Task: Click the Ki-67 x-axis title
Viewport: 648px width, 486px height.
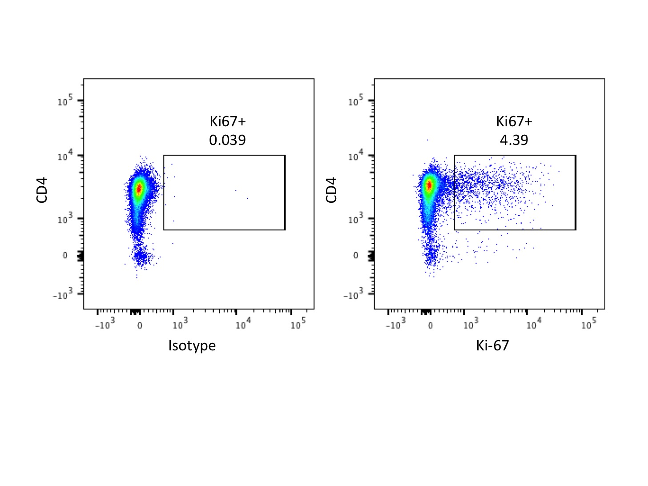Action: pos(492,345)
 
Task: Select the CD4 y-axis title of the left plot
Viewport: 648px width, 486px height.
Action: pos(42,190)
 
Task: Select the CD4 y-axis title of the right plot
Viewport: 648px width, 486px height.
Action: pos(331,190)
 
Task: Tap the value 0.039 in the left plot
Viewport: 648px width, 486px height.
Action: pos(227,140)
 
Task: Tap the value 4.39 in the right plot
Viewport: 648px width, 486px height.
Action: pos(514,140)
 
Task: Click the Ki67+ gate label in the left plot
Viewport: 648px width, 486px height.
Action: pos(228,121)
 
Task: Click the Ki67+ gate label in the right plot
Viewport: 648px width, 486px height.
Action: pos(514,121)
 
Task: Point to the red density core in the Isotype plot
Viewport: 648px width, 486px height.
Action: pos(139,189)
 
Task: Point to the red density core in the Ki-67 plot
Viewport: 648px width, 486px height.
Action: pos(429,185)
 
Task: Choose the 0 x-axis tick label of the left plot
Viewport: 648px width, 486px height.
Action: pos(140,325)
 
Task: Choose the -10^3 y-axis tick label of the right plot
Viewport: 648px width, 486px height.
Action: pos(355,294)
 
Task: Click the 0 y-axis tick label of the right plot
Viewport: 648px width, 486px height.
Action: pos(355,256)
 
